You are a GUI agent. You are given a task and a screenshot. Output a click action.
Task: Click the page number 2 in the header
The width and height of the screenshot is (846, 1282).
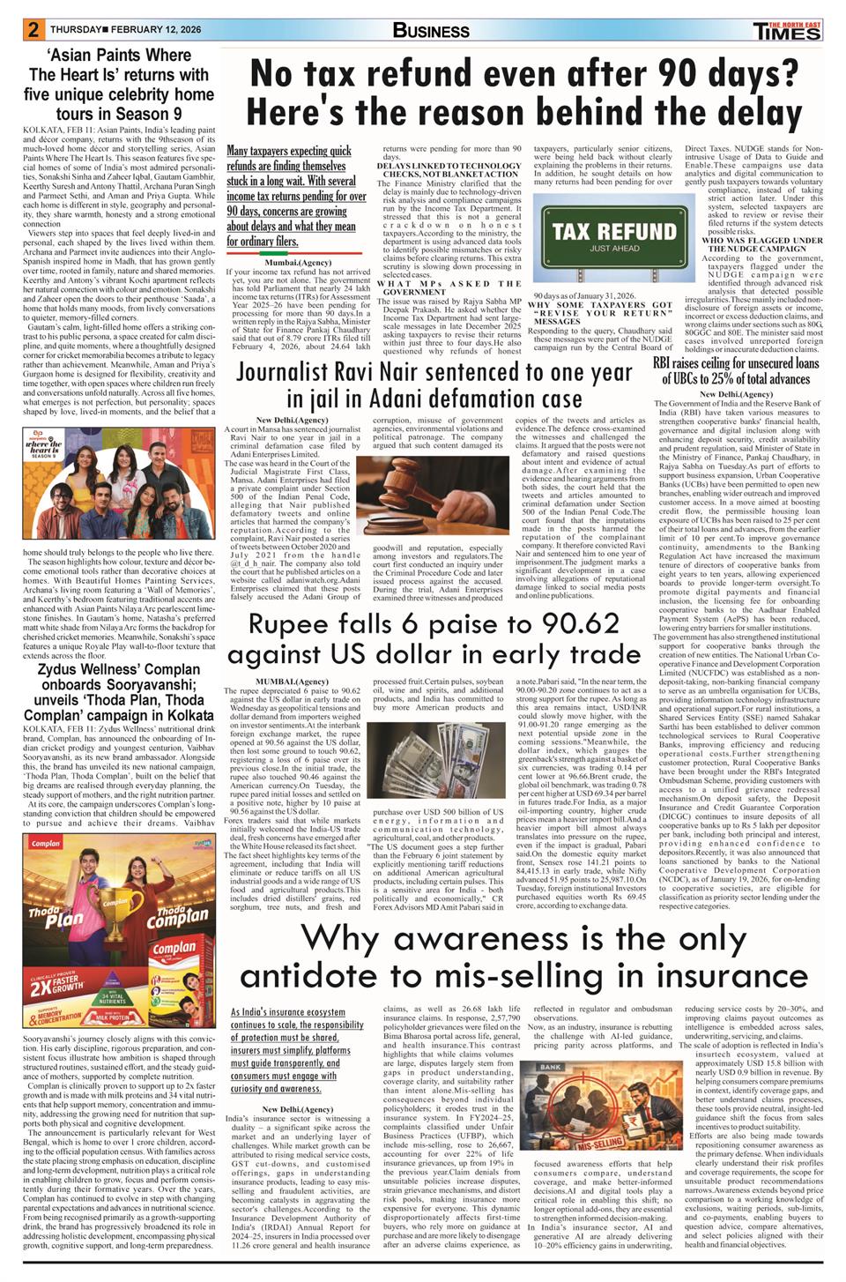click(x=33, y=29)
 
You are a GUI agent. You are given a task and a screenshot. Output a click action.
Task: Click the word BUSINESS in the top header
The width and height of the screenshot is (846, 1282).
click(x=431, y=31)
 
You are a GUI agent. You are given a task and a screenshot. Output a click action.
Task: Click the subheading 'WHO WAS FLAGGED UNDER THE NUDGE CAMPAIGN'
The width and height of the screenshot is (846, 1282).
click(x=761, y=243)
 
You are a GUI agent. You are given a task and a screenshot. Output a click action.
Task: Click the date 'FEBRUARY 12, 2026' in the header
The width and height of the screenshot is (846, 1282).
click(x=154, y=29)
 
